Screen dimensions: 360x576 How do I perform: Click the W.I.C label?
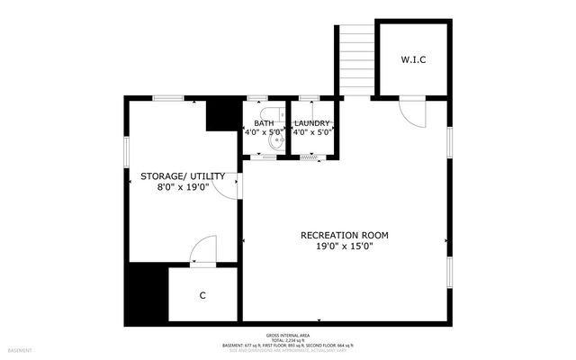[413, 60]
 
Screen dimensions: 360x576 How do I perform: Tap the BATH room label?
[264, 123]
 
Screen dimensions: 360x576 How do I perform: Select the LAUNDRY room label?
[312, 123]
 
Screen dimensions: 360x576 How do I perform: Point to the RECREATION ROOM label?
[350, 235]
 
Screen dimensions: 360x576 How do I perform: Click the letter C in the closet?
[202, 295]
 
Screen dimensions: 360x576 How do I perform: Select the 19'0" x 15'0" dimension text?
[350, 246]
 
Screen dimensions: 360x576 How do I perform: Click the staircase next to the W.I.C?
[356, 59]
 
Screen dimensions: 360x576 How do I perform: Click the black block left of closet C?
[146, 295]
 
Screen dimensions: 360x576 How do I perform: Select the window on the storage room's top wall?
[168, 96]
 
